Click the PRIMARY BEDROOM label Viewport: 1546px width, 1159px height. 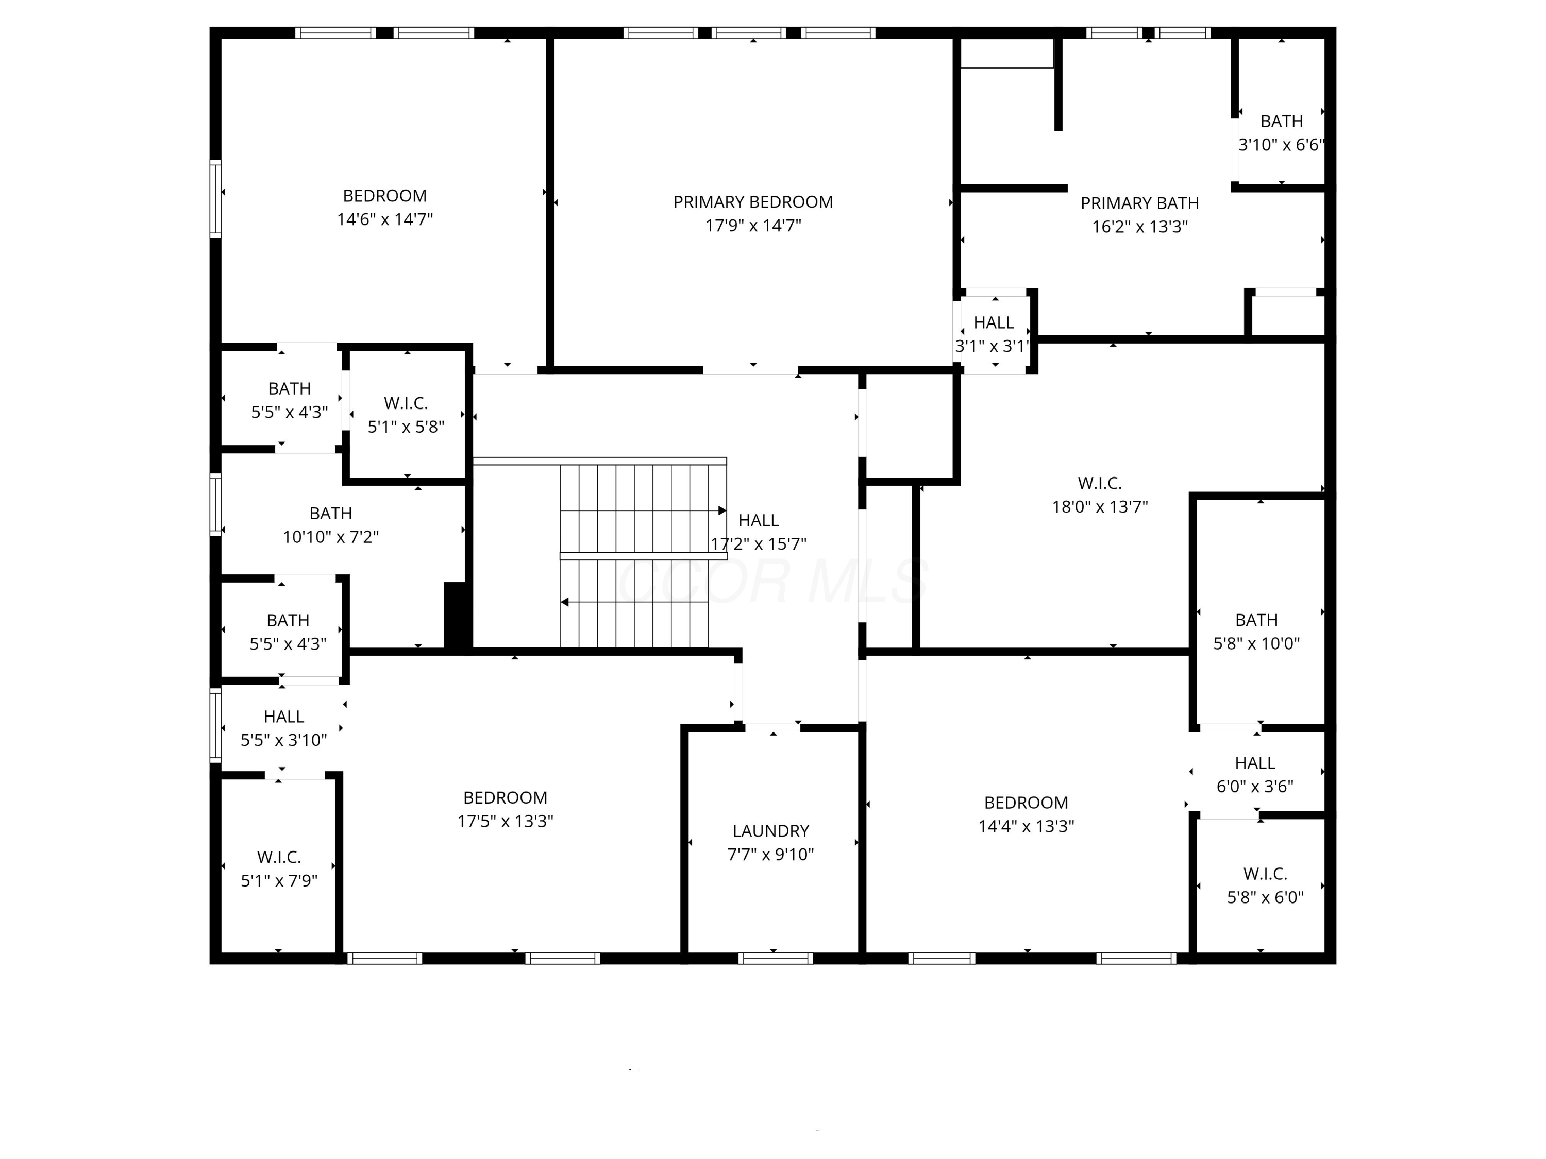click(753, 202)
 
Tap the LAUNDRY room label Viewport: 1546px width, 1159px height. click(770, 831)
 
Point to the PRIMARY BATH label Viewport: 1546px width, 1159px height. click(1139, 203)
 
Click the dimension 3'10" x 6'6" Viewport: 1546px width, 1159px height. click(1281, 145)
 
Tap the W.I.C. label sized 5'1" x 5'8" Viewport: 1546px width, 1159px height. click(406, 403)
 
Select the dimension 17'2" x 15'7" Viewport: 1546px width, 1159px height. click(759, 543)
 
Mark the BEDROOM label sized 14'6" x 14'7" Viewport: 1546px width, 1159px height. click(384, 196)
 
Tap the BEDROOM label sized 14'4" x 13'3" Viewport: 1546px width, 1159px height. click(1026, 802)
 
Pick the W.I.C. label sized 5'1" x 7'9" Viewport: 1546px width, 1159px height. click(279, 857)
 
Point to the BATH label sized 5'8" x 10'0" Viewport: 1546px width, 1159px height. click(1256, 620)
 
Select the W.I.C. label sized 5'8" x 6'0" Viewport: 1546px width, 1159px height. click(1265, 873)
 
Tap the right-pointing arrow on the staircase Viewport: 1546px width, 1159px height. click(722, 510)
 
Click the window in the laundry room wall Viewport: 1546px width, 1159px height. click(775, 958)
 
